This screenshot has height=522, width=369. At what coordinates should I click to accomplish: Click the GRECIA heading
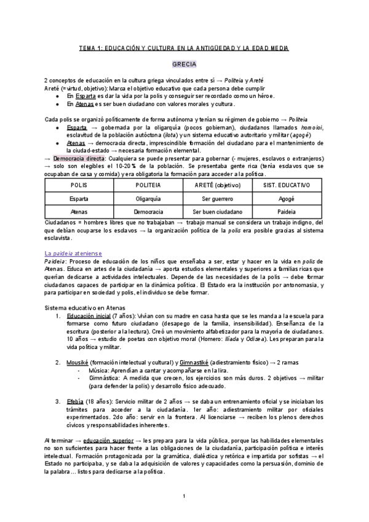click(184, 64)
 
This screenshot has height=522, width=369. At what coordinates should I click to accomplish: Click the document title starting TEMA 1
click(184, 48)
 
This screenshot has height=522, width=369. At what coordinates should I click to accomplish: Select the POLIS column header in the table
click(79, 185)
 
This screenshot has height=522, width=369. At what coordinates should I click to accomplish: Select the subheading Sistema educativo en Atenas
click(85, 307)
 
